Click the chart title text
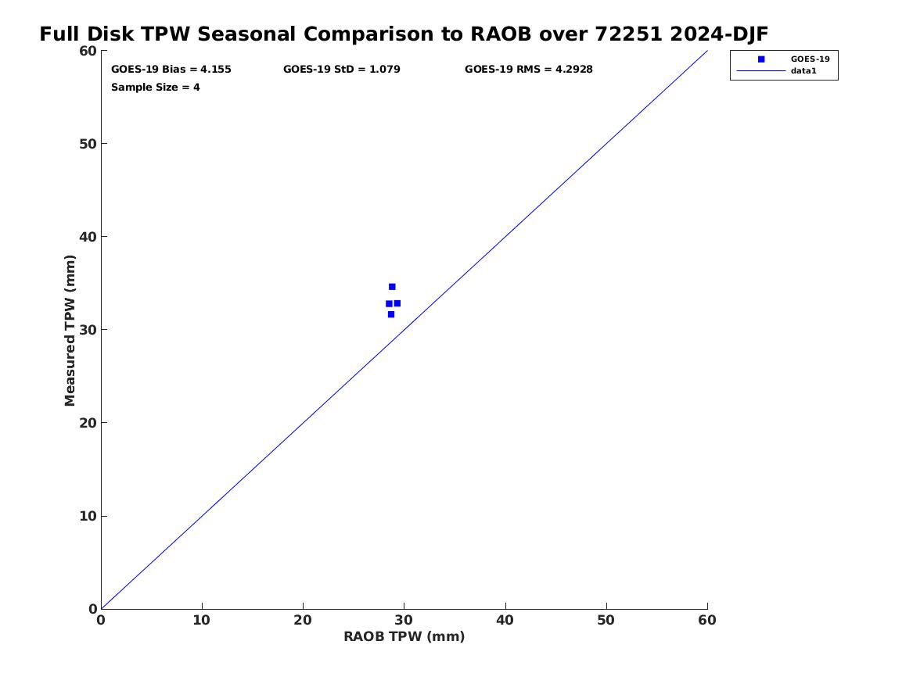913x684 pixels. coord(404,34)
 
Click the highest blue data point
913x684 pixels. coord(392,287)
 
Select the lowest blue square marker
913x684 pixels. coord(390,314)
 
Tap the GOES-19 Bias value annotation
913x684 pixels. coord(171,70)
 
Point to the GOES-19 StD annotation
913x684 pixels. coord(342,70)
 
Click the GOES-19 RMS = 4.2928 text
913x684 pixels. coord(529,70)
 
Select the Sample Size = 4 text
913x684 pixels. coord(156,88)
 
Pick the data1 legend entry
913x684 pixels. coord(777,71)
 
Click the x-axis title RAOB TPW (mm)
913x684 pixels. coord(404,637)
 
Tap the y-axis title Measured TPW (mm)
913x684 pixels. coord(70,331)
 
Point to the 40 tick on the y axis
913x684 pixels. coord(88,237)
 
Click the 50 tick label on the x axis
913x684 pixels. coord(606,621)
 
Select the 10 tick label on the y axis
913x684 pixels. coord(88,516)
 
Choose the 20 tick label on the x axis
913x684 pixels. coord(303,621)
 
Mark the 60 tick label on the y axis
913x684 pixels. coord(88,51)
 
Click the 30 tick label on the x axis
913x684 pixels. coord(404,621)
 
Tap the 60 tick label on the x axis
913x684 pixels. coord(707,621)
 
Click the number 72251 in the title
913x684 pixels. coord(629,34)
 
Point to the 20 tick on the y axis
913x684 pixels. coord(88,423)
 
